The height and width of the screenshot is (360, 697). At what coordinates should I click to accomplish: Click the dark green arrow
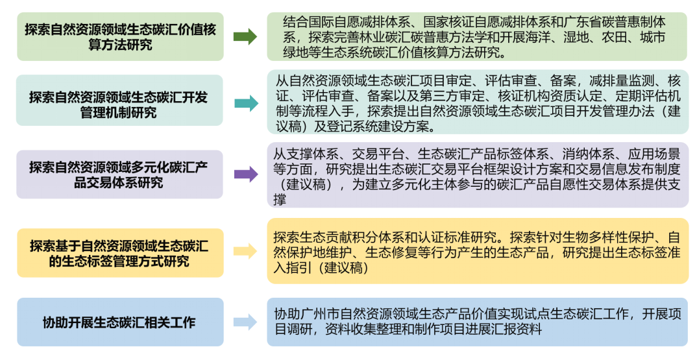pyautogui.click(x=245, y=36)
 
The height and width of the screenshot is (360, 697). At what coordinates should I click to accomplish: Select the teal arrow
pyautogui.click(x=246, y=104)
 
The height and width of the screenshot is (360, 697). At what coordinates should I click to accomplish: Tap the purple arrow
pyautogui.click(x=246, y=174)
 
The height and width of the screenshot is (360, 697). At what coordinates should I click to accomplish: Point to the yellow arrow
pyautogui.click(x=245, y=251)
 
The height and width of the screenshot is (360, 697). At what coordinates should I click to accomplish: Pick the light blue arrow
pyautogui.click(x=245, y=322)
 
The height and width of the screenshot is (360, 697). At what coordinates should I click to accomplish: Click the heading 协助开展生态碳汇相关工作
pyautogui.click(x=119, y=322)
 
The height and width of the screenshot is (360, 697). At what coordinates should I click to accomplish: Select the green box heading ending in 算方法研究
pyautogui.click(x=121, y=37)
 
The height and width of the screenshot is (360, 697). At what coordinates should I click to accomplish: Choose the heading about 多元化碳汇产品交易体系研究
pyautogui.click(x=119, y=174)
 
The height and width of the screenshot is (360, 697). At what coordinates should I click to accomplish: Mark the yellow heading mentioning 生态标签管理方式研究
pyautogui.click(x=119, y=254)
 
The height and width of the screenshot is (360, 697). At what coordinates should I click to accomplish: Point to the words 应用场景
pyautogui.click(x=654, y=154)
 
